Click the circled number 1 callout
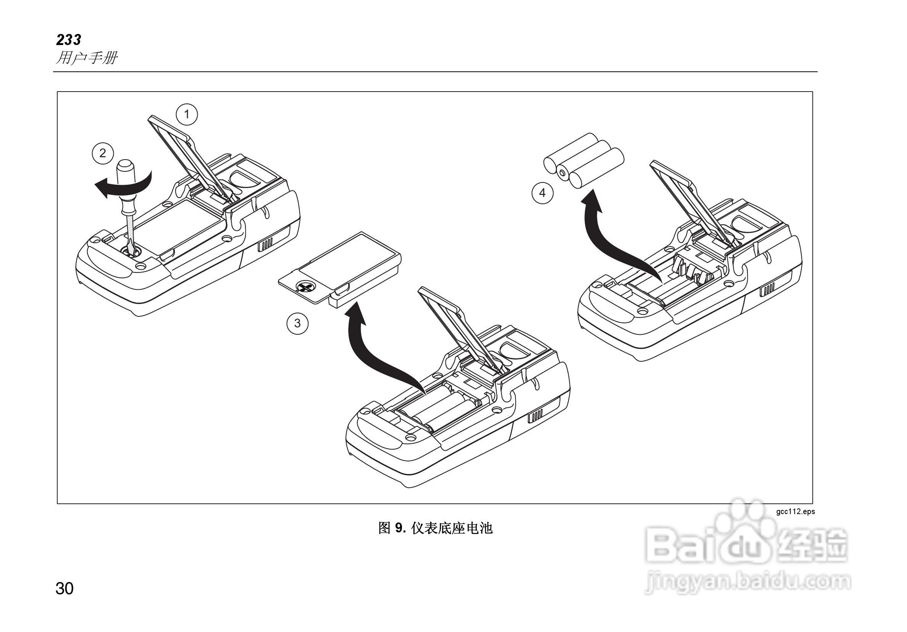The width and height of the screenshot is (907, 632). (186, 114)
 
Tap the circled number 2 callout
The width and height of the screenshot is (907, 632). (103, 153)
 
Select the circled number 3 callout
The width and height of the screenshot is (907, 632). (297, 324)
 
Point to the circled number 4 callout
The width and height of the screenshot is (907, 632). (542, 193)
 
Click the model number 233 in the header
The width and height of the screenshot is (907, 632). (68, 40)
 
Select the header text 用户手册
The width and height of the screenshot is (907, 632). (87, 58)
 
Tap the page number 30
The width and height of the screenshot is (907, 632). (65, 588)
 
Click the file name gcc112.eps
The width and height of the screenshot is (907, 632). (795, 511)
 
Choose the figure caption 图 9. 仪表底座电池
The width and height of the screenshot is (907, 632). (435, 528)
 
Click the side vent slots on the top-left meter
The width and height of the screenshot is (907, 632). (266, 245)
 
